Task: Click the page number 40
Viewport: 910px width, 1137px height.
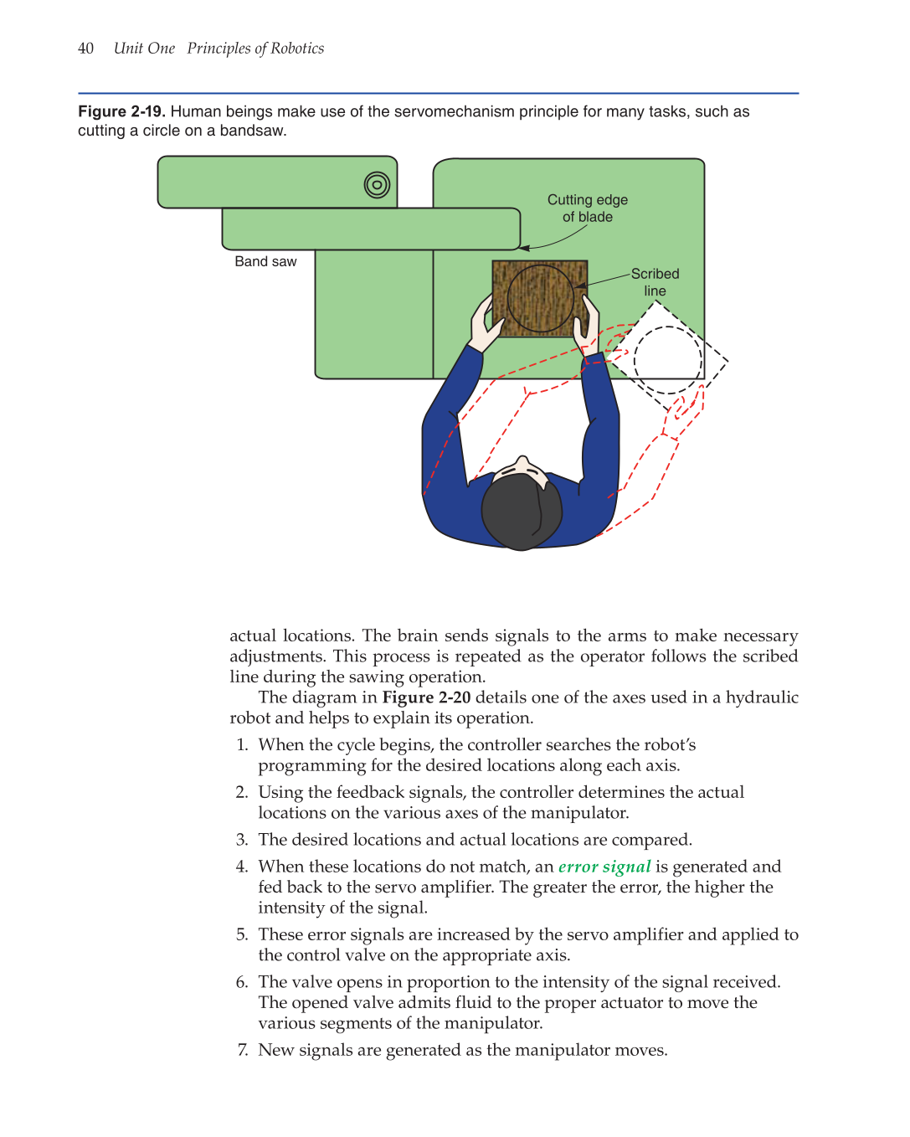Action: (x=85, y=49)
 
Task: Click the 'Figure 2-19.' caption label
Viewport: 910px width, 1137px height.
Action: (x=121, y=111)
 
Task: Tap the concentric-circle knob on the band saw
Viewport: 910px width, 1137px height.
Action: (x=377, y=184)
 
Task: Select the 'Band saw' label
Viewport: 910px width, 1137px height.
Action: (x=265, y=261)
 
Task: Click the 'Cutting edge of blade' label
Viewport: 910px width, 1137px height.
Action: (x=587, y=208)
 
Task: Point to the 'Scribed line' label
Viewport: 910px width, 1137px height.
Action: (x=655, y=282)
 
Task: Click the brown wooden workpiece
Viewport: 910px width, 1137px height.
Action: (x=539, y=298)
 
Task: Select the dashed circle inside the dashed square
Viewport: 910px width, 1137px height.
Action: (x=667, y=360)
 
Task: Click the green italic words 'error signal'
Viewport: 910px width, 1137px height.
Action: (x=604, y=867)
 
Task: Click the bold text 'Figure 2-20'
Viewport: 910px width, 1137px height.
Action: (x=426, y=697)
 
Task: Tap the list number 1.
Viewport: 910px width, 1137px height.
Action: (x=242, y=745)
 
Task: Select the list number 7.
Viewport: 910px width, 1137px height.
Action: (x=242, y=1050)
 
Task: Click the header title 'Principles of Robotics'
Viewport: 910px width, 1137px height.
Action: (x=255, y=49)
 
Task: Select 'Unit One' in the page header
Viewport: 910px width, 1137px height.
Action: (x=144, y=49)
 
